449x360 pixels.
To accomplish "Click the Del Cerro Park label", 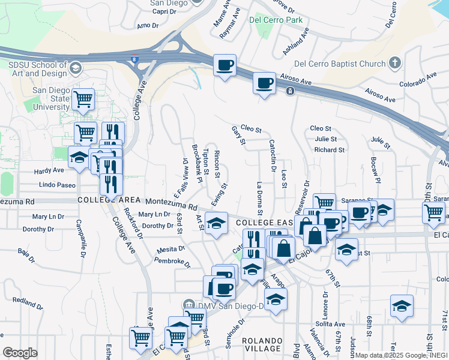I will [276, 19].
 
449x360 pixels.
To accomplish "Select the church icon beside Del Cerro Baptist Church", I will [394, 62].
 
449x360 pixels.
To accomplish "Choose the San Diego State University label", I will [52, 98].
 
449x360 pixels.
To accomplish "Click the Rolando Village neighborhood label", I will [262, 344].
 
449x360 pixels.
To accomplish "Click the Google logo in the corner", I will [20, 353].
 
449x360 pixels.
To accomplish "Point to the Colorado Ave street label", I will [418, 80].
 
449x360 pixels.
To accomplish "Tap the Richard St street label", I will [329, 149].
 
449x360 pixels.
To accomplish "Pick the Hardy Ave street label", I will [49, 171].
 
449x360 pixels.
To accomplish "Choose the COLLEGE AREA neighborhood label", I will [101, 200].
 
